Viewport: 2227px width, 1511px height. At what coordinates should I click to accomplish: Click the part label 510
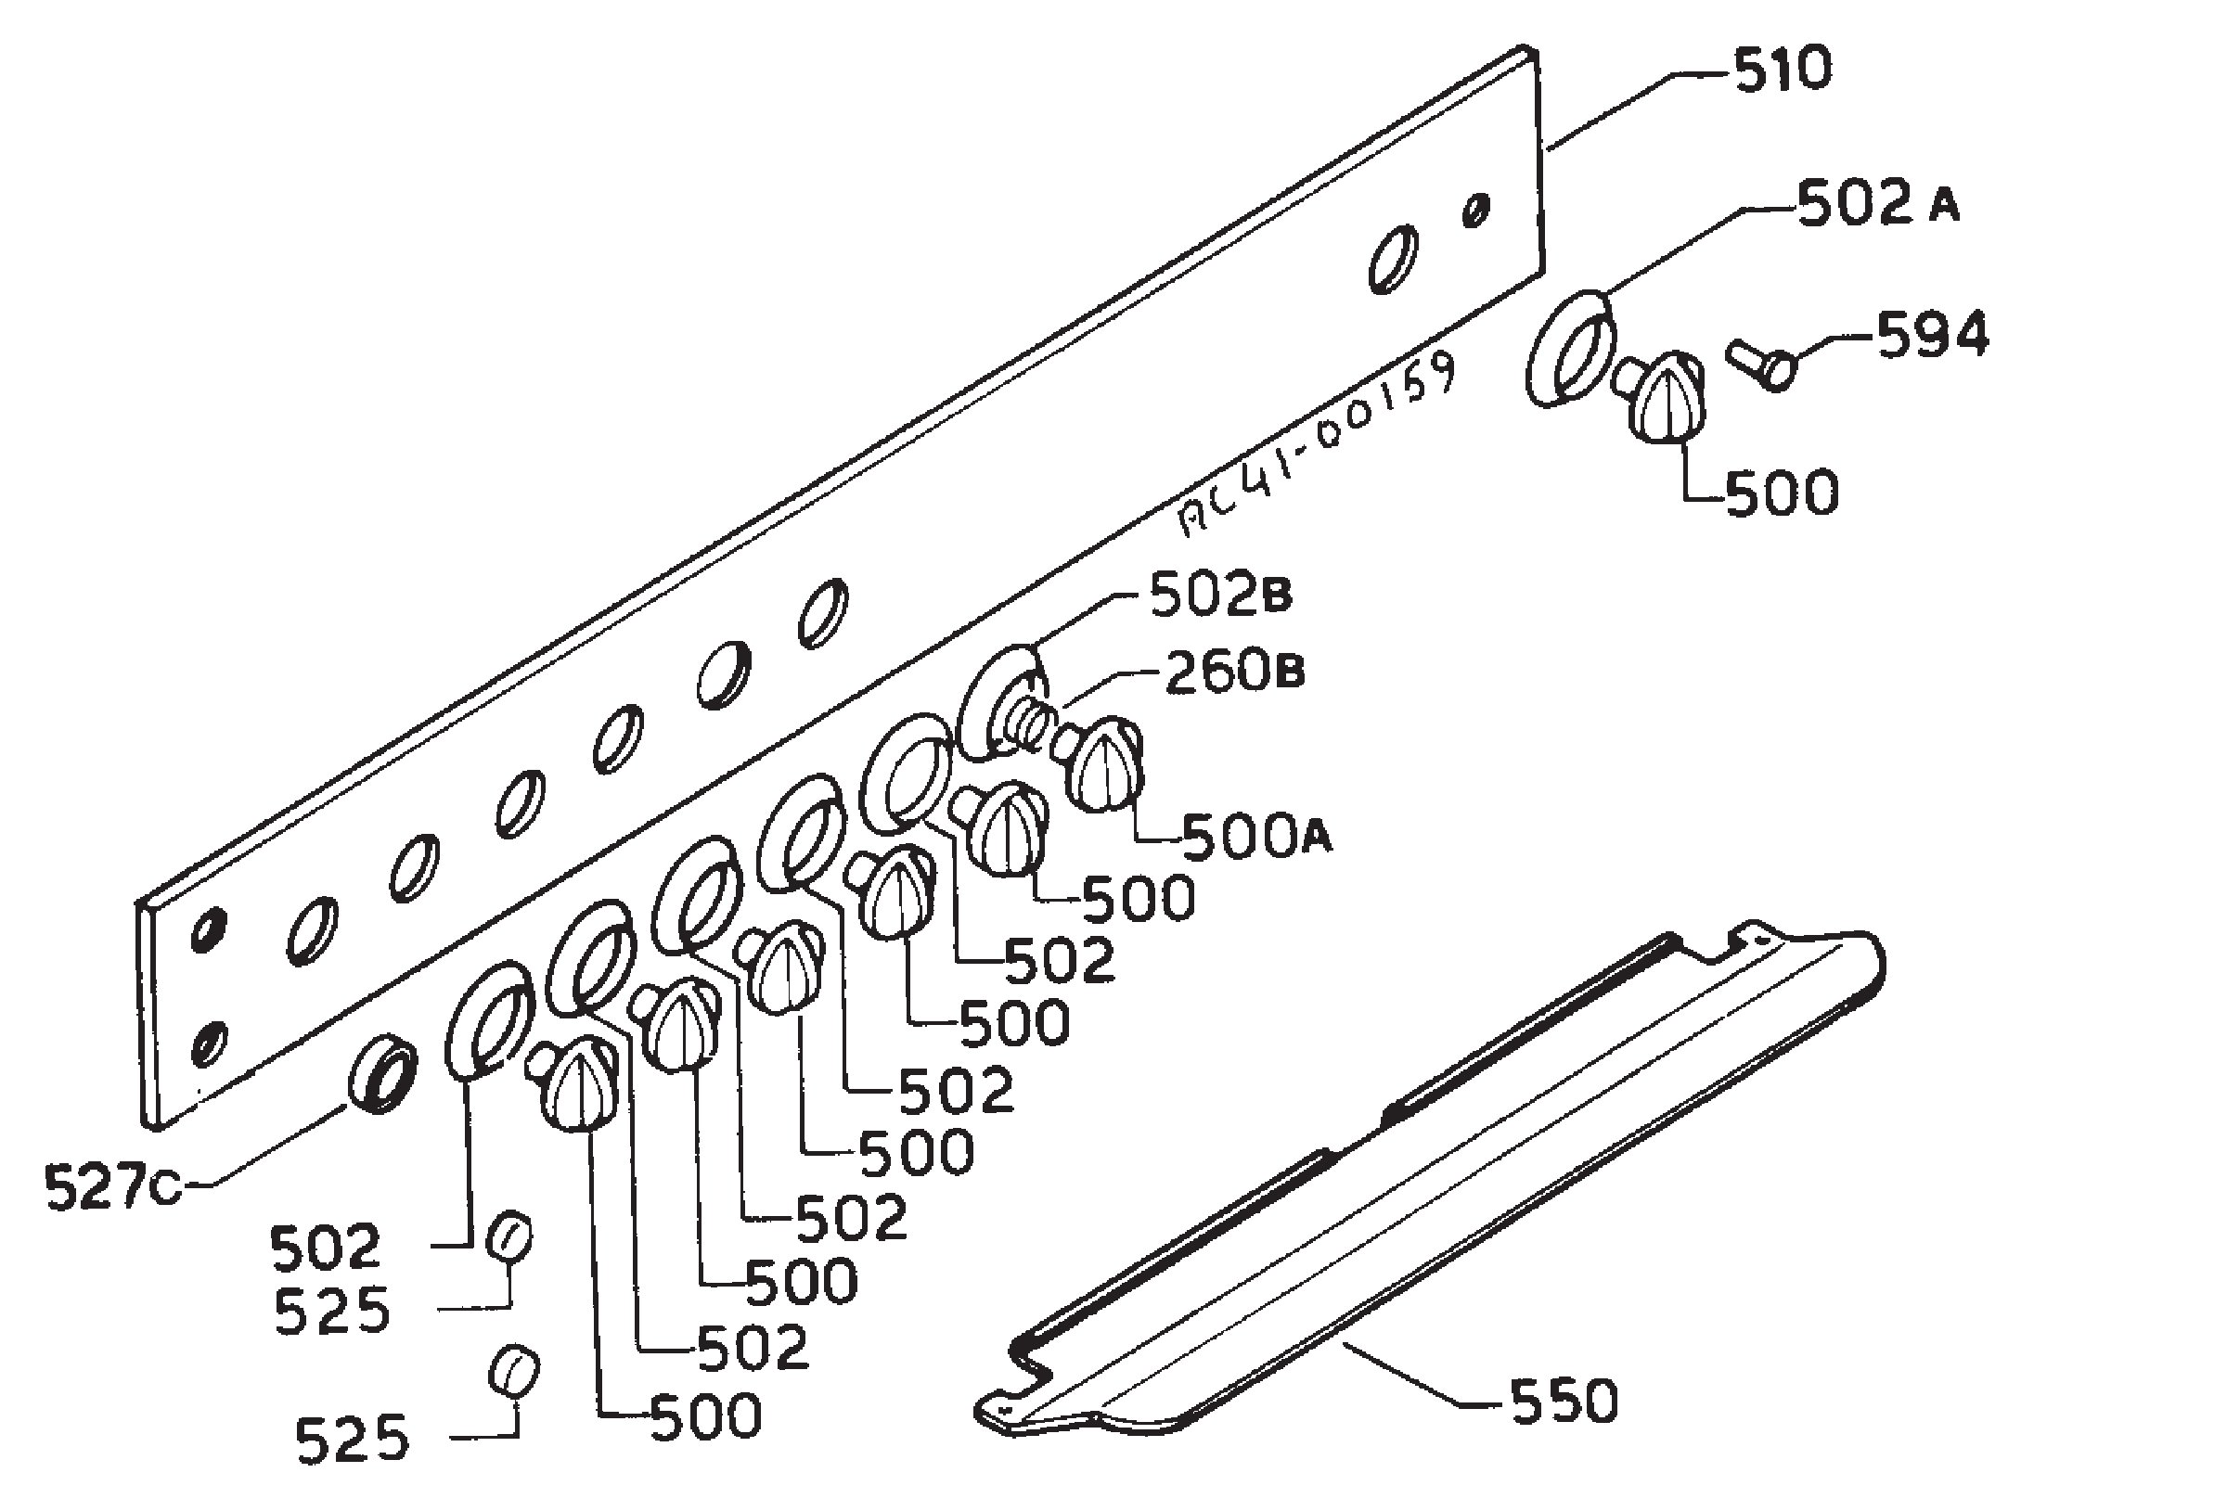(x=1782, y=70)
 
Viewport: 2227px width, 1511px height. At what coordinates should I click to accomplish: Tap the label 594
(x=1932, y=337)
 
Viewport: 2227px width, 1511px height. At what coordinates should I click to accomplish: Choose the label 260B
(x=1234, y=672)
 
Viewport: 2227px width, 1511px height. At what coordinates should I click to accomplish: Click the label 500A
(x=1256, y=838)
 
